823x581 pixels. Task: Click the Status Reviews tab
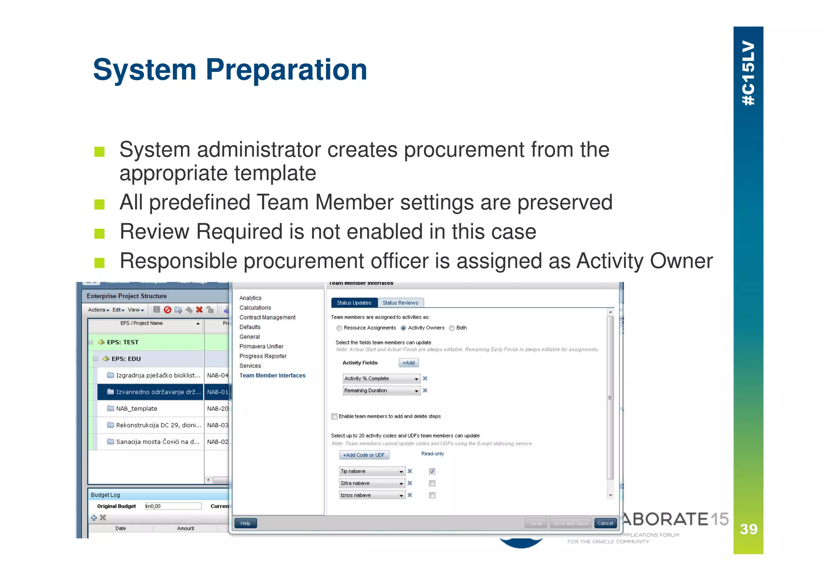point(400,303)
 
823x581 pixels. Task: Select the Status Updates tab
point(354,303)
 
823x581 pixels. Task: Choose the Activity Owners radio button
point(403,328)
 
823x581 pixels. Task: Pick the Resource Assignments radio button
point(339,328)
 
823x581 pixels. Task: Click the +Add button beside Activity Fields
point(408,363)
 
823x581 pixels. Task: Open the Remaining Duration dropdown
point(416,391)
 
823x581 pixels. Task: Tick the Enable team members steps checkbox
point(334,416)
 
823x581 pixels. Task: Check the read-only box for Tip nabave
point(432,471)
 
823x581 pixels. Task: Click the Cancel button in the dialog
point(605,523)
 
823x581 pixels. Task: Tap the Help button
point(245,523)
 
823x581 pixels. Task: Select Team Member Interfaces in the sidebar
point(272,375)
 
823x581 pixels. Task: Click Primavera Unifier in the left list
point(261,347)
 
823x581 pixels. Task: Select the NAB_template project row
point(137,408)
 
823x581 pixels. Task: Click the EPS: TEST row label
point(123,342)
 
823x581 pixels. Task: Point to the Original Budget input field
point(173,506)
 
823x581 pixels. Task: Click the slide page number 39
point(748,529)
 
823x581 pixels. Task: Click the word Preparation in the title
point(286,70)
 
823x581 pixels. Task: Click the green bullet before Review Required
point(99,233)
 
